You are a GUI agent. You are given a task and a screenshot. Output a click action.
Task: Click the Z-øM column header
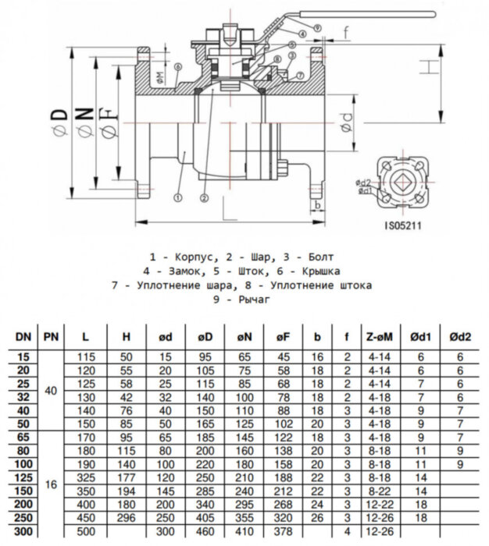tap(379, 337)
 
